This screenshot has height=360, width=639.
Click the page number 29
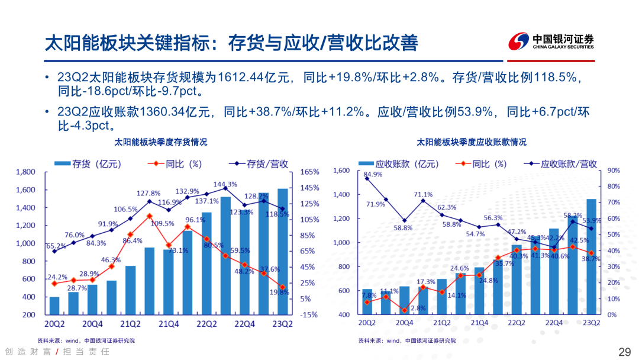point(625,352)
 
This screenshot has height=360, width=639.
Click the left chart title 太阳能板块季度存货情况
point(161,143)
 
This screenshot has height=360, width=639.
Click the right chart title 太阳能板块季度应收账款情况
point(472,143)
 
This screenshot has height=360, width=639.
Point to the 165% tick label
point(310,172)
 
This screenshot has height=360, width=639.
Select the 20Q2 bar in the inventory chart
point(54,306)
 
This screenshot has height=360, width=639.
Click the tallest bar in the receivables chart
point(590,256)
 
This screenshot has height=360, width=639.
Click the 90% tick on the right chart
point(614,171)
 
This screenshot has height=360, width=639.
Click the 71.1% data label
point(422,194)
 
